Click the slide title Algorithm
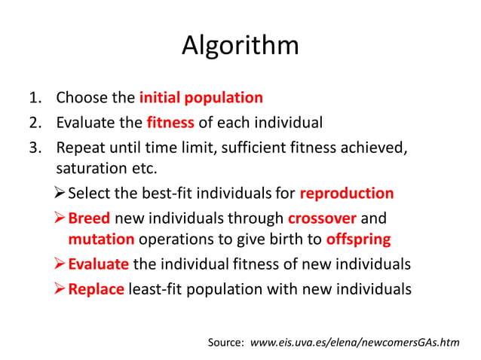240,47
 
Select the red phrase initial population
201,98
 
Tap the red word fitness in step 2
170,122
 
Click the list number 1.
35,98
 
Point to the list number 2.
35,122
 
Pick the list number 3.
35,146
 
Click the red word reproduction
346,194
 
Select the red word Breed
89,218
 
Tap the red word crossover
323,218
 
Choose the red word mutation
101,240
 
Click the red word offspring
358,240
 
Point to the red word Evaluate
98,264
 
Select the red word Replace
96,288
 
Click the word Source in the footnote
225,343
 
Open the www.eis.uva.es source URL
354,343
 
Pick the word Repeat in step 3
78,146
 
